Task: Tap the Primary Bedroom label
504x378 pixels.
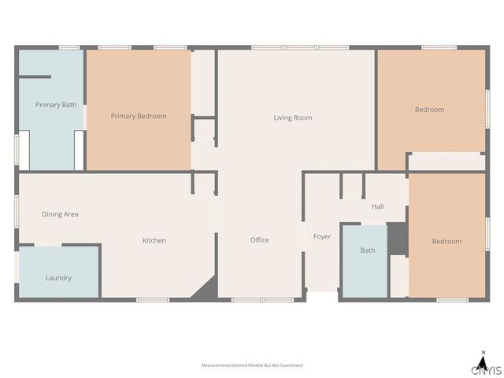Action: coord(139,116)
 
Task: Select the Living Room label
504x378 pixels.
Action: coord(293,118)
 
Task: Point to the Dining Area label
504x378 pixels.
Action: coord(60,214)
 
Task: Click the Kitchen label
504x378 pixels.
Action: coord(154,240)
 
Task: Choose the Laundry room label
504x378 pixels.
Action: coord(58,278)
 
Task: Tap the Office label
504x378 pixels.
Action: coord(260,240)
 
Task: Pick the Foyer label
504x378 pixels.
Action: coord(322,236)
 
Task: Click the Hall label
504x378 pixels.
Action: coord(378,207)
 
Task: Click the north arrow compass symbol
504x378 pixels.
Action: coord(483,359)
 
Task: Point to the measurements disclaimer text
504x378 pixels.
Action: coord(252,365)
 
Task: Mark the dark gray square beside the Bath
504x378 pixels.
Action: coord(397,239)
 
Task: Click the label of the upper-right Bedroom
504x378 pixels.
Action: coord(430,109)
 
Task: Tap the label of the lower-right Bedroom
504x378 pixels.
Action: coord(447,241)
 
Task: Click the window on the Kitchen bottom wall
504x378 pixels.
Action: coord(153,300)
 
